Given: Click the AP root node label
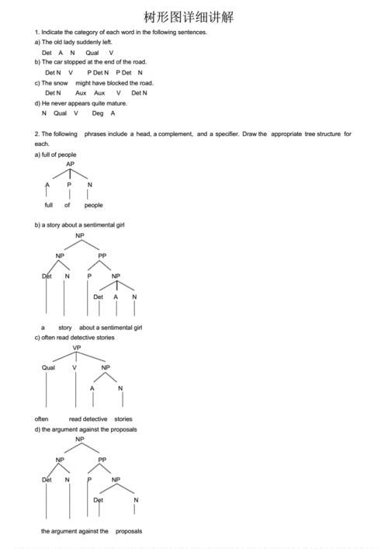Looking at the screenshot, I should [x=70, y=165].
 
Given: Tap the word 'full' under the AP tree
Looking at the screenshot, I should [x=49, y=205].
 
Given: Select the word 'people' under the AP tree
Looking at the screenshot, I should [x=93, y=205].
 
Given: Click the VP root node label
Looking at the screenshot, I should [x=76, y=348].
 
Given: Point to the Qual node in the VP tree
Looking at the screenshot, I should [x=48, y=367].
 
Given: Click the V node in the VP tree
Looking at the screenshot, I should [x=74, y=367].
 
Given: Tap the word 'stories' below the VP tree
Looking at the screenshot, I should [x=123, y=419].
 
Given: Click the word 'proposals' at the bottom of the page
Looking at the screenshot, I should [x=129, y=531].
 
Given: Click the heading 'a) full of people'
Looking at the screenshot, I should [x=55, y=155].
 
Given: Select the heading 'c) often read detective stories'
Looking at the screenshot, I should [x=74, y=338].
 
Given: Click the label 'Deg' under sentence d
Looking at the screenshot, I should [x=97, y=113].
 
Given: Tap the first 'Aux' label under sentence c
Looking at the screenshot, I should [x=80, y=92].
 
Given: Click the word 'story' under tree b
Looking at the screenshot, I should [x=65, y=328].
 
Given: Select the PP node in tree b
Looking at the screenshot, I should [x=102, y=255].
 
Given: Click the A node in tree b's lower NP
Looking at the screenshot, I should [x=116, y=297].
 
